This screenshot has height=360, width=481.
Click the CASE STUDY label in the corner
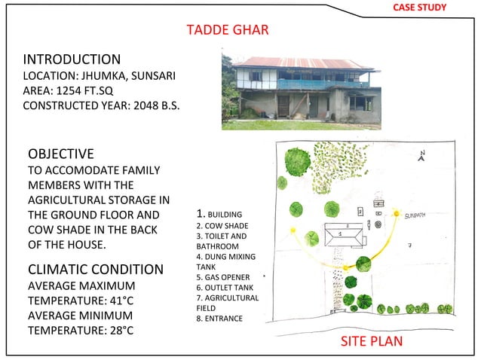(420, 8)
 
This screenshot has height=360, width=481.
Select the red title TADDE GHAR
(227, 30)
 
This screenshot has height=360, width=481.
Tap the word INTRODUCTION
(72, 59)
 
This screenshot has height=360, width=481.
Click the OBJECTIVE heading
(60, 154)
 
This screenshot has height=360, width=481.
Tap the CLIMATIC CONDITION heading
(95, 269)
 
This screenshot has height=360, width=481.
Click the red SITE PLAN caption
(372, 341)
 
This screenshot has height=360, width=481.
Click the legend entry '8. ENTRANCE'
(219, 319)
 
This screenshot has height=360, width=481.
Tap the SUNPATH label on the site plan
(415, 215)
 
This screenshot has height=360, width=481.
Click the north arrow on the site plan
(422, 157)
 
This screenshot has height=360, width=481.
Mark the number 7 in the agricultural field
(409, 246)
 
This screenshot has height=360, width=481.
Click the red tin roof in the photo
(302, 63)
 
